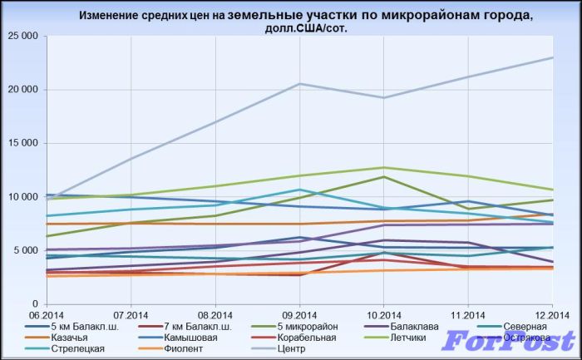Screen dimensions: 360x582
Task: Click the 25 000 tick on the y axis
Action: tap(23, 37)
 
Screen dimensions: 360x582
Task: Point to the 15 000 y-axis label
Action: tap(23, 143)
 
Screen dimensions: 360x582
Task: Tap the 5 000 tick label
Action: tap(26, 250)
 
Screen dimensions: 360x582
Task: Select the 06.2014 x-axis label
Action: tap(47, 313)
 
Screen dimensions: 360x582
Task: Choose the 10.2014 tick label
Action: tap(383, 313)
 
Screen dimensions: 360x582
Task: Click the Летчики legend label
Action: tap(407, 338)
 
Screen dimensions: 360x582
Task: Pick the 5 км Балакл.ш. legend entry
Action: tap(83, 327)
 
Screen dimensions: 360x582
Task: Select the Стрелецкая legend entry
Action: tap(72, 348)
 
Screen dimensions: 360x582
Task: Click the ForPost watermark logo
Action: tap(508, 341)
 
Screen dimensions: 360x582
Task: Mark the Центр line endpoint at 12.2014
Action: tap(553, 57)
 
